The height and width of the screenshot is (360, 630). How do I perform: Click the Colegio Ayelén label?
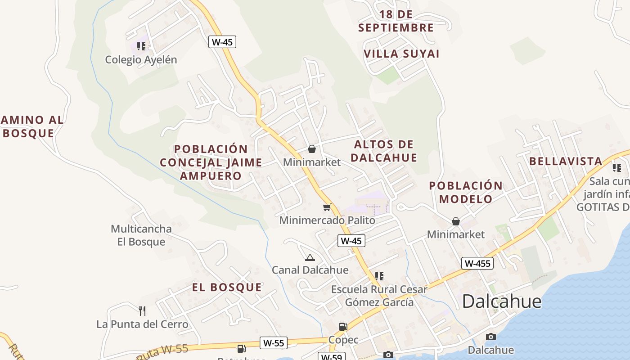tap(141, 59)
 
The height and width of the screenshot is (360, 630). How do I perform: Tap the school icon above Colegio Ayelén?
tap(141, 46)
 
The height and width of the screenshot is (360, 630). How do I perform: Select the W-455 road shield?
tap(477, 263)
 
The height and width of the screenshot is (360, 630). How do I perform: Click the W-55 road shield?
tap(274, 343)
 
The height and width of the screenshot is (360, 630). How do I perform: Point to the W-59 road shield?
tap(332, 357)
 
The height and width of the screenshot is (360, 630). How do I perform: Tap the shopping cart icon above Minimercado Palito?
tap(327, 207)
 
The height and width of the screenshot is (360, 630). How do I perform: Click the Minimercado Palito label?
tap(327, 220)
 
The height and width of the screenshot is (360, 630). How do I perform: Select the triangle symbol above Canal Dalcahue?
tap(310, 257)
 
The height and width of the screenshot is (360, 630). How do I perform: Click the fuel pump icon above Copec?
tap(343, 326)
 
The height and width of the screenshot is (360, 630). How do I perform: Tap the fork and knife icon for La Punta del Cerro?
tap(142, 310)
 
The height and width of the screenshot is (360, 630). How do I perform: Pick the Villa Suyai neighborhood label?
tap(401, 54)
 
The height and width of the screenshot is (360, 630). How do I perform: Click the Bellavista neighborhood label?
tap(566, 161)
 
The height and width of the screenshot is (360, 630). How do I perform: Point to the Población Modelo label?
tap(466, 192)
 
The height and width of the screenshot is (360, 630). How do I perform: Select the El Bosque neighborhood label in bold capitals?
tap(227, 287)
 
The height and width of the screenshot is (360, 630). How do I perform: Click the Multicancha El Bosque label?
tap(141, 235)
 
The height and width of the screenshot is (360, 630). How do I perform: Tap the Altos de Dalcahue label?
tap(384, 151)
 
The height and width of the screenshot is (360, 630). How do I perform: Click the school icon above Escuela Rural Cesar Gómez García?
tap(379, 276)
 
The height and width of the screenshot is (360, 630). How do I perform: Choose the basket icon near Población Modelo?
tap(456, 221)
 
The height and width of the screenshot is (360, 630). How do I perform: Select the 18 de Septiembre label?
tap(396, 21)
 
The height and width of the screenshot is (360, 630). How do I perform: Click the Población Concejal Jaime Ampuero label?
tap(211, 162)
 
